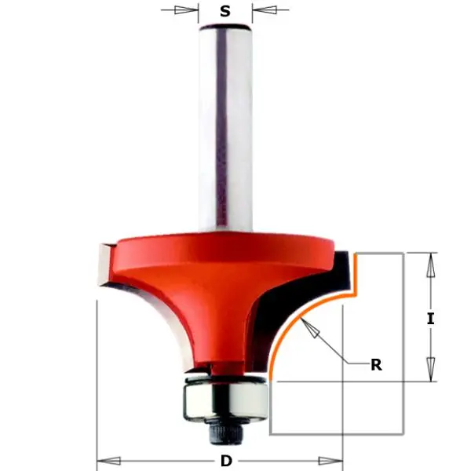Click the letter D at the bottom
[225, 460]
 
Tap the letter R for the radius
[377, 364]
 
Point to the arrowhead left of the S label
[185, 10]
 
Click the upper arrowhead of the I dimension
[429, 267]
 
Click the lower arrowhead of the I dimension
[429, 367]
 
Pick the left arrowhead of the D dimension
[109, 460]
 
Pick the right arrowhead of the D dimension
[330, 460]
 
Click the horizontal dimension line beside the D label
[157, 460]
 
